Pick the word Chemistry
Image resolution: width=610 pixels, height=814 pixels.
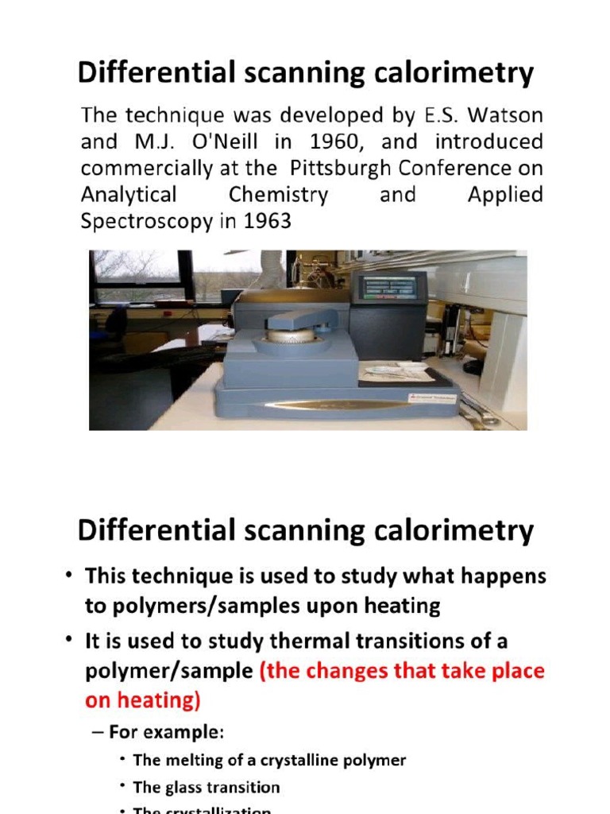click(278, 195)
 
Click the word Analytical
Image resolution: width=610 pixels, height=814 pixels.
click(128, 195)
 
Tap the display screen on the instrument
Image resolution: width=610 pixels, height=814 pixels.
click(388, 289)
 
